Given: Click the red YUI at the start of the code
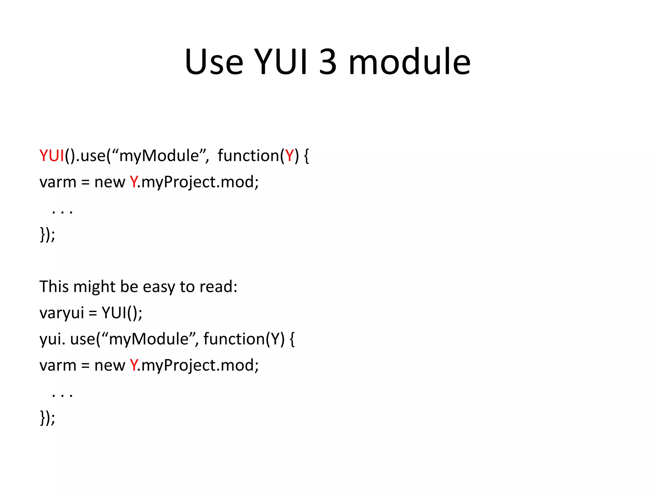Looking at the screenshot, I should [x=52, y=156].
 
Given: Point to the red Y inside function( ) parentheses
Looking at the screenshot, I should [x=289, y=156].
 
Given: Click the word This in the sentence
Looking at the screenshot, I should [x=54, y=286].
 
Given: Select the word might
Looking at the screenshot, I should [x=94, y=286].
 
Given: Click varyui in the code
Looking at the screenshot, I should [x=61, y=313].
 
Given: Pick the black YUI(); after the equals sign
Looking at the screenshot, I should [x=122, y=313].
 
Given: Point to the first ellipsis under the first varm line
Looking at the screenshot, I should [x=62, y=211].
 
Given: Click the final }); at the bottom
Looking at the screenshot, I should [x=47, y=418].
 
